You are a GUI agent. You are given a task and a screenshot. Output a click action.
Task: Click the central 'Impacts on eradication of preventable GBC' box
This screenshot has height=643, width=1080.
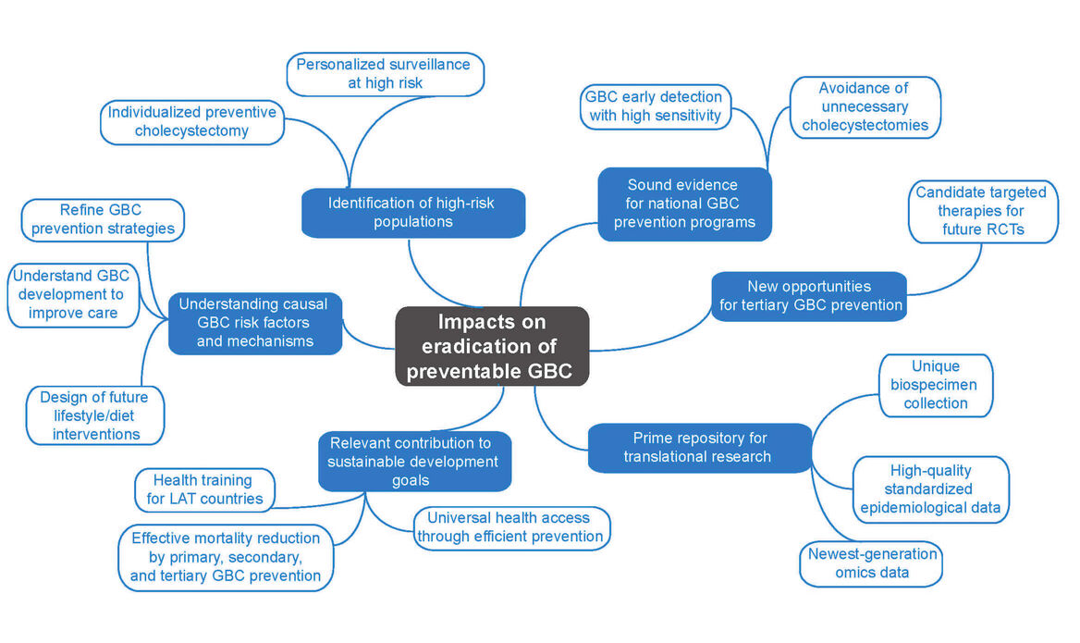tap(492, 346)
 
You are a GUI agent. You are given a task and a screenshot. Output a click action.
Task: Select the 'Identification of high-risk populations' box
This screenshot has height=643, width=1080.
tap(413, 212)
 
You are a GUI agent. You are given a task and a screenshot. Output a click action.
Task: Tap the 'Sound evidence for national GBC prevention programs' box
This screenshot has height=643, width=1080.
tap(683, 204)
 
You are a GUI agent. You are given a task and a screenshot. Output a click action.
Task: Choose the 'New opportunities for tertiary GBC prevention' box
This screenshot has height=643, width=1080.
tap(808, 296)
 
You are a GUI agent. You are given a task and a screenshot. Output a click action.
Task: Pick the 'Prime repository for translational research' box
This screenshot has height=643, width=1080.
tap(699, 447)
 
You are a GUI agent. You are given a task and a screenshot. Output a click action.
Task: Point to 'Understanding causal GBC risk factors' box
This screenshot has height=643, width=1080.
tap(255, 323)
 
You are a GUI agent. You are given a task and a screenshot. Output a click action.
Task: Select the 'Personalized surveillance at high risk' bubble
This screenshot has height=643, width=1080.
tap(385, 74)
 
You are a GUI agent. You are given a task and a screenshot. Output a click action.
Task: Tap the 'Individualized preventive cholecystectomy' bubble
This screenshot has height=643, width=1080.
tap(191, 122)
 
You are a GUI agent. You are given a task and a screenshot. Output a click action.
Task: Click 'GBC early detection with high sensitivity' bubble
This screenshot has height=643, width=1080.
tap(654, 106)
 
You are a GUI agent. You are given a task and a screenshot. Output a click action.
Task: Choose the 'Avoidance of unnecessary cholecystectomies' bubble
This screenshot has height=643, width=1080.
tap(865, 106)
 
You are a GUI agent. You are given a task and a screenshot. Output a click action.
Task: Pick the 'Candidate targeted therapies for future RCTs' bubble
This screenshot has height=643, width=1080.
tap(981, 211)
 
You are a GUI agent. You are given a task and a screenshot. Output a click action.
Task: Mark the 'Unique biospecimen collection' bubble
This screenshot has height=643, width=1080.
tap(935, 385)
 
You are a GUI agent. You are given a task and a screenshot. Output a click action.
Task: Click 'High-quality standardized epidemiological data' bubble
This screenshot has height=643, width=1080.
tap(930, 489)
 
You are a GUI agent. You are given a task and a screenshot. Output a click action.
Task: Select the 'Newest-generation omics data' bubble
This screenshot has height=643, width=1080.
tap(871, 563)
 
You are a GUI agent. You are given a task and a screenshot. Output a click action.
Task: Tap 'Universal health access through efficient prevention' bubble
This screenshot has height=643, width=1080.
tap(513, 527)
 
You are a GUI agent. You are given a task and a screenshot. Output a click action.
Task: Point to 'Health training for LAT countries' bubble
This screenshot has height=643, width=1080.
tap(205, 489)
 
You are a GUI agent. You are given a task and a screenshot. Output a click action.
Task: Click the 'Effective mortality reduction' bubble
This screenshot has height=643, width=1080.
tap(225, 557)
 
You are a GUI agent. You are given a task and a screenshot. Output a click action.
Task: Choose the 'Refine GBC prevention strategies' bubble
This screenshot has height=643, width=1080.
tap(102, 219)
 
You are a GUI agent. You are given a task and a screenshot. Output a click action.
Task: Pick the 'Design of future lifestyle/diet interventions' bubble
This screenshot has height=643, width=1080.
tap(96, 415)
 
